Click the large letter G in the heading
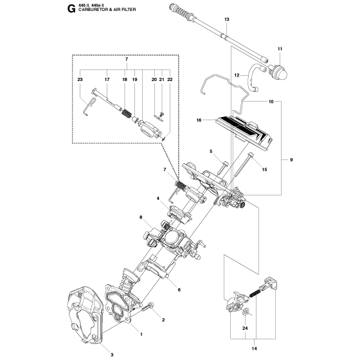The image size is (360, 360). coord(71,9)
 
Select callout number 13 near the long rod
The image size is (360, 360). coord(226,19)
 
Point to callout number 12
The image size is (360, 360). coord(237,75)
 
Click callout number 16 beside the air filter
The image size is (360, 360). coord(199,120)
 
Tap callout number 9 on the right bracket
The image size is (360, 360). coord(291,159)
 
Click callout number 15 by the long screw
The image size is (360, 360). coord(264,170)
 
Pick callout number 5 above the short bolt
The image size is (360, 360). coord(211,151)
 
